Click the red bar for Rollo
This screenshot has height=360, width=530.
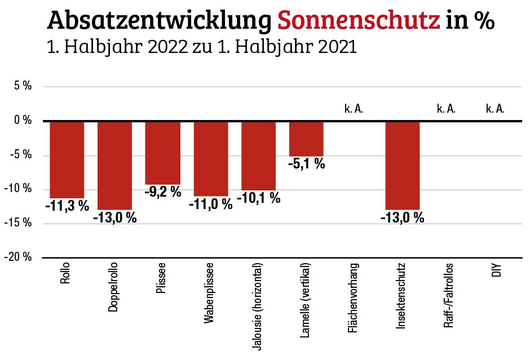(67, 159)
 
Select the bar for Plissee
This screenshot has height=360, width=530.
(162, 153)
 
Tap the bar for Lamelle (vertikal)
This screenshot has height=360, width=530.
(306, 139)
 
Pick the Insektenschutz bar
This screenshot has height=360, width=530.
(403, 165)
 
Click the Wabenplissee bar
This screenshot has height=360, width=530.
(210, 158)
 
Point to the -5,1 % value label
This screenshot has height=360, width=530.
(306, 164)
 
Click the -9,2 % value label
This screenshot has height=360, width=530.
(162, 192)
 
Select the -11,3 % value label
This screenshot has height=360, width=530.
(67, 206)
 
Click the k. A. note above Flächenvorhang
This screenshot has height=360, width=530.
(354, 108)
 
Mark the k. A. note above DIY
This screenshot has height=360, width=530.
(495, 108)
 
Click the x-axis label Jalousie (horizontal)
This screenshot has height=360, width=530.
(258, 306)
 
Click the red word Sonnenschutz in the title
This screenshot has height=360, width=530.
(359, 21)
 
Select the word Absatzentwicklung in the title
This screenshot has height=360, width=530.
(160, 21)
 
